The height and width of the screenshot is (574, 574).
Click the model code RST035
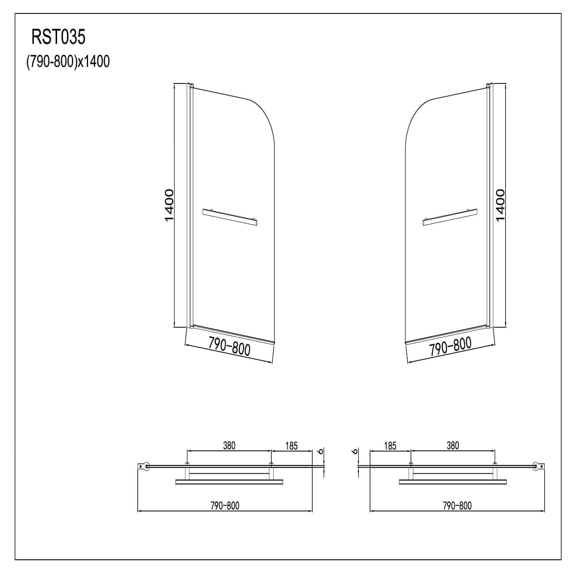tap(59, 38)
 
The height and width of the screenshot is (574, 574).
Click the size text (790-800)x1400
tap(68, 61)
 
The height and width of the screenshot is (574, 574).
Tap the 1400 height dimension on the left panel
tap(169, 205)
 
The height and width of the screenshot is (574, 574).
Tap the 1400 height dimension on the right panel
tap(500, 205)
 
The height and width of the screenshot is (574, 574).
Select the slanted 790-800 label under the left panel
tap(229, 346)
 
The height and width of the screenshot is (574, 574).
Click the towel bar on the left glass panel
tap(230, 217)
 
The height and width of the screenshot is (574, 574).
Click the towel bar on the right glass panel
tap(450, 217)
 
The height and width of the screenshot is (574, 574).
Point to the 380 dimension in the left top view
tap(229, 445)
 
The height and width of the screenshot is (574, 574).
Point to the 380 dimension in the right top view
tap(452, 445)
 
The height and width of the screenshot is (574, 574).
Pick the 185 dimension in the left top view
tap(291, 446)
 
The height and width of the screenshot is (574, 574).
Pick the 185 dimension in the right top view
tap(390, 446)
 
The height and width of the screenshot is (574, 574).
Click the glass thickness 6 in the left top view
tap(321, 451)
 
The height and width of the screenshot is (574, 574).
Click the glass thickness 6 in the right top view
tap(355, 452)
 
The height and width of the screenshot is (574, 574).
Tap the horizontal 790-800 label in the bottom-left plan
tap(225, 506)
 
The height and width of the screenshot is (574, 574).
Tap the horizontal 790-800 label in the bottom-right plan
tap(457, 506)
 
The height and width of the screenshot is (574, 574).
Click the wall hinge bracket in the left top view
tap(145, 466)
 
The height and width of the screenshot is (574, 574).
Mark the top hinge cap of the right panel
tap(489, 85)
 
